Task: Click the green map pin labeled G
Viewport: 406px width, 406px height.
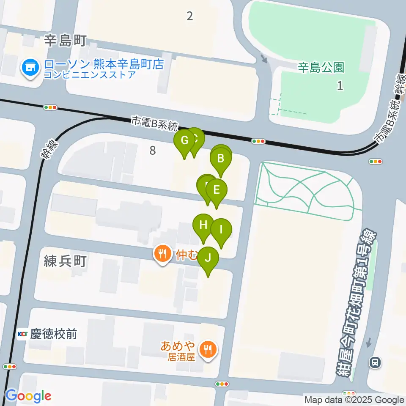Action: click(184, 140)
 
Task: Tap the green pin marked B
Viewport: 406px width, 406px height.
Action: click(220, 159)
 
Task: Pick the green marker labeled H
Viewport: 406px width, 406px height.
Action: click(203, 225)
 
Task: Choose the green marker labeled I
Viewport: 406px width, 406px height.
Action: click(221, 230)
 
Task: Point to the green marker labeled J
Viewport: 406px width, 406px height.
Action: click(208, 258)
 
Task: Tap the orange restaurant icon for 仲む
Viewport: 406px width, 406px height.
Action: click(162, 254)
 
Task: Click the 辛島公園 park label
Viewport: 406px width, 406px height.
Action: click(321, 67)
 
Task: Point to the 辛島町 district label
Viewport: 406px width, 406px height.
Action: click(65, 41)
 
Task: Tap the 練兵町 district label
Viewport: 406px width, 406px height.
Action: click(65, 261)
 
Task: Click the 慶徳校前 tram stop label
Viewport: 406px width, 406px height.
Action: click(53, 334)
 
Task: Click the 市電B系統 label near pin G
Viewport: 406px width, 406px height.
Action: click(155, 124)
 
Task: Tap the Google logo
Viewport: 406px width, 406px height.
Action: click(28, 396)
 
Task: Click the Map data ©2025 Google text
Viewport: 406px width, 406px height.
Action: click(354, 400)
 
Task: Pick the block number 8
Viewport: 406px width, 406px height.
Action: click(152, 150)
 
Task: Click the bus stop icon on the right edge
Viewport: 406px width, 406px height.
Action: click(375, 362)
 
